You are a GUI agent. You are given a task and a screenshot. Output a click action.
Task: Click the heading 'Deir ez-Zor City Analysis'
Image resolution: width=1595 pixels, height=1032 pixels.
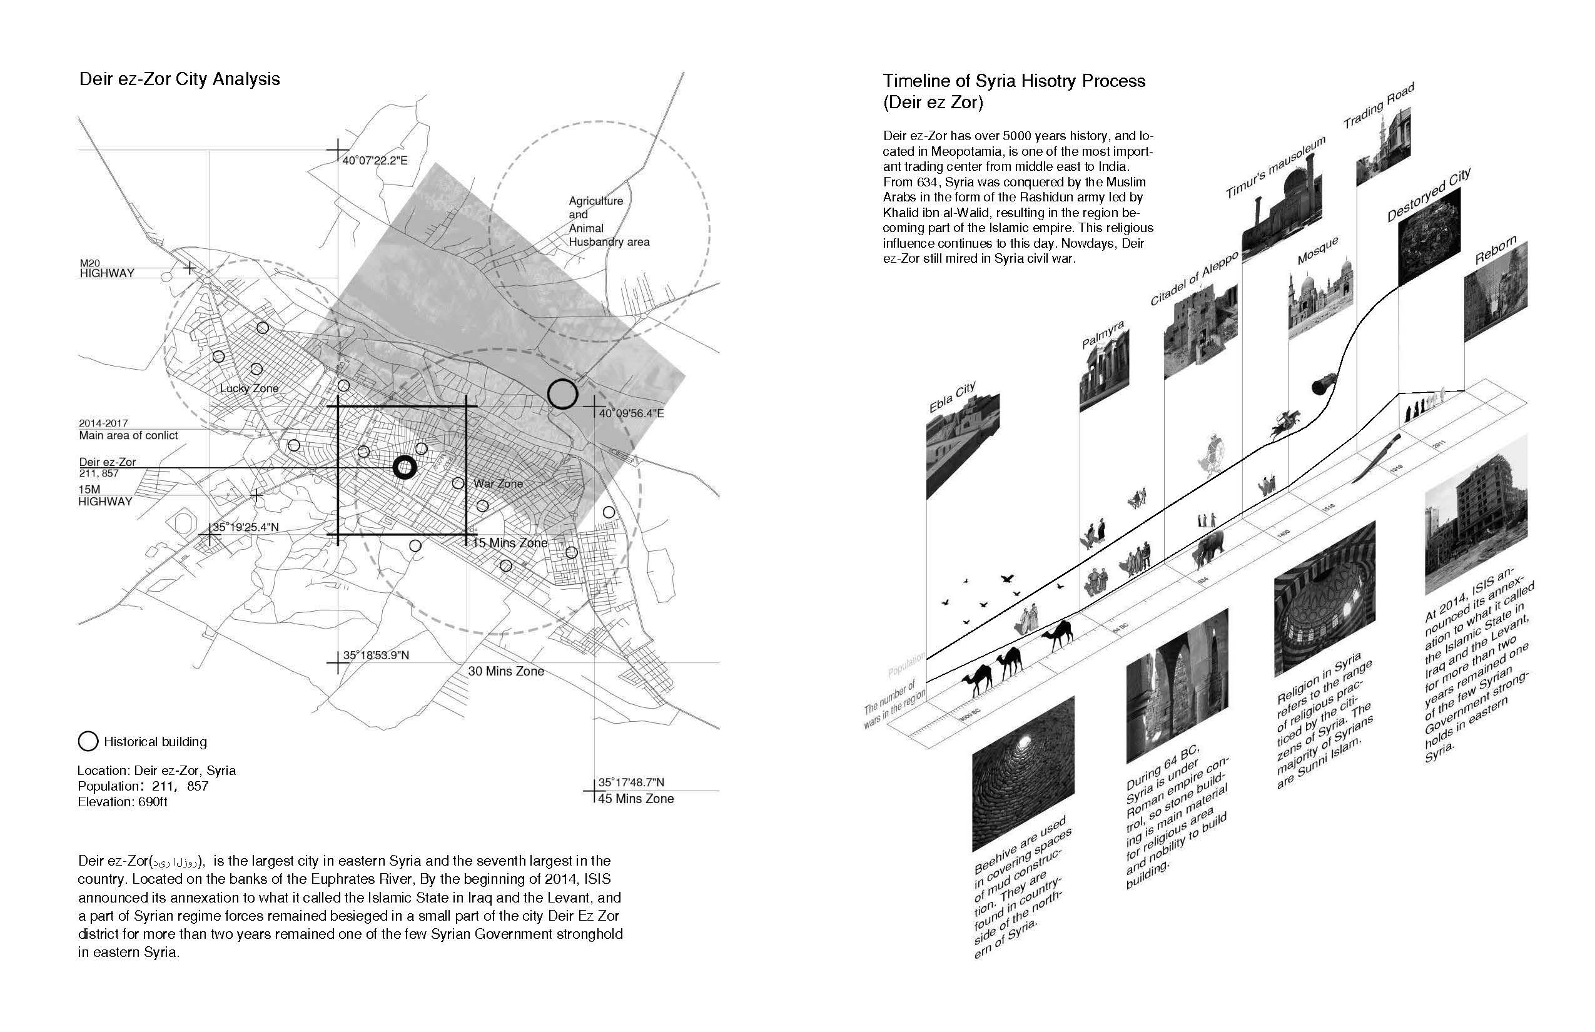click(x=180, y=79)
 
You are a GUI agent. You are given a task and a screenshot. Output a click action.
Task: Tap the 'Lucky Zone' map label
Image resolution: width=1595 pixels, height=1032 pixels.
click(x=250, y=388)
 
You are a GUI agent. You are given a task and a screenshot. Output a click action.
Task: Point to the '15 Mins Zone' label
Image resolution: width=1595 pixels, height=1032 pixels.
click(x=510, y=543)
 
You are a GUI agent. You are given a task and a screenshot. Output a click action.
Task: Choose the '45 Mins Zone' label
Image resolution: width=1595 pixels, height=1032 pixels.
click(x=635, y=799)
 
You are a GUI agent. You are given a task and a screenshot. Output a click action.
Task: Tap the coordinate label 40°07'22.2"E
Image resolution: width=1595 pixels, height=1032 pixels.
click(x=375, y=161)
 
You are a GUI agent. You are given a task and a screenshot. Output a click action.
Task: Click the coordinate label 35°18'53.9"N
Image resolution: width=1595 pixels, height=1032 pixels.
click(x=375, y=655)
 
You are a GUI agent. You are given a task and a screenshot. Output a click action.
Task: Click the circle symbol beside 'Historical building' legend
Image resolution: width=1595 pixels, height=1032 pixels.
click(x=88, y=742)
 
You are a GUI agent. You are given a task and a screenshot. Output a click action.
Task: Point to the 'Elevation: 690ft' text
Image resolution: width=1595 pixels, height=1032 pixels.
click(x=123, y=802)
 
